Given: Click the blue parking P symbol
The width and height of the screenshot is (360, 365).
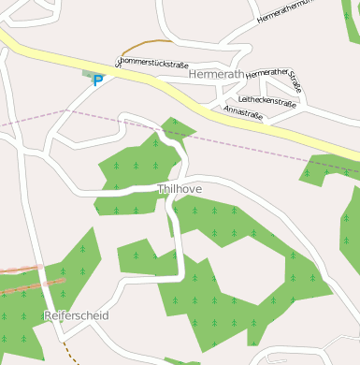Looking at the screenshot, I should (x=97, y=80).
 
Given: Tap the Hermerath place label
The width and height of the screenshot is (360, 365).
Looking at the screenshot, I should (x=216, y=73).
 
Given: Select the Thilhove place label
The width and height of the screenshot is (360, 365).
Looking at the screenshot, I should (x=180, y=189).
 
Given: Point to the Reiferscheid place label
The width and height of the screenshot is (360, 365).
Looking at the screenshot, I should (x=77, y=315).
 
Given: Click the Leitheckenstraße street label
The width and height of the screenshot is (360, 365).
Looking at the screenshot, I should (x=268, y=98).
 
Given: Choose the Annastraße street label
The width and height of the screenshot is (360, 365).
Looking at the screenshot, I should (x=243, y=113).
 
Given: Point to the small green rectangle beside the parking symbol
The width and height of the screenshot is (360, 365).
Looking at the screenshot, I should (x=90, y=73).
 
